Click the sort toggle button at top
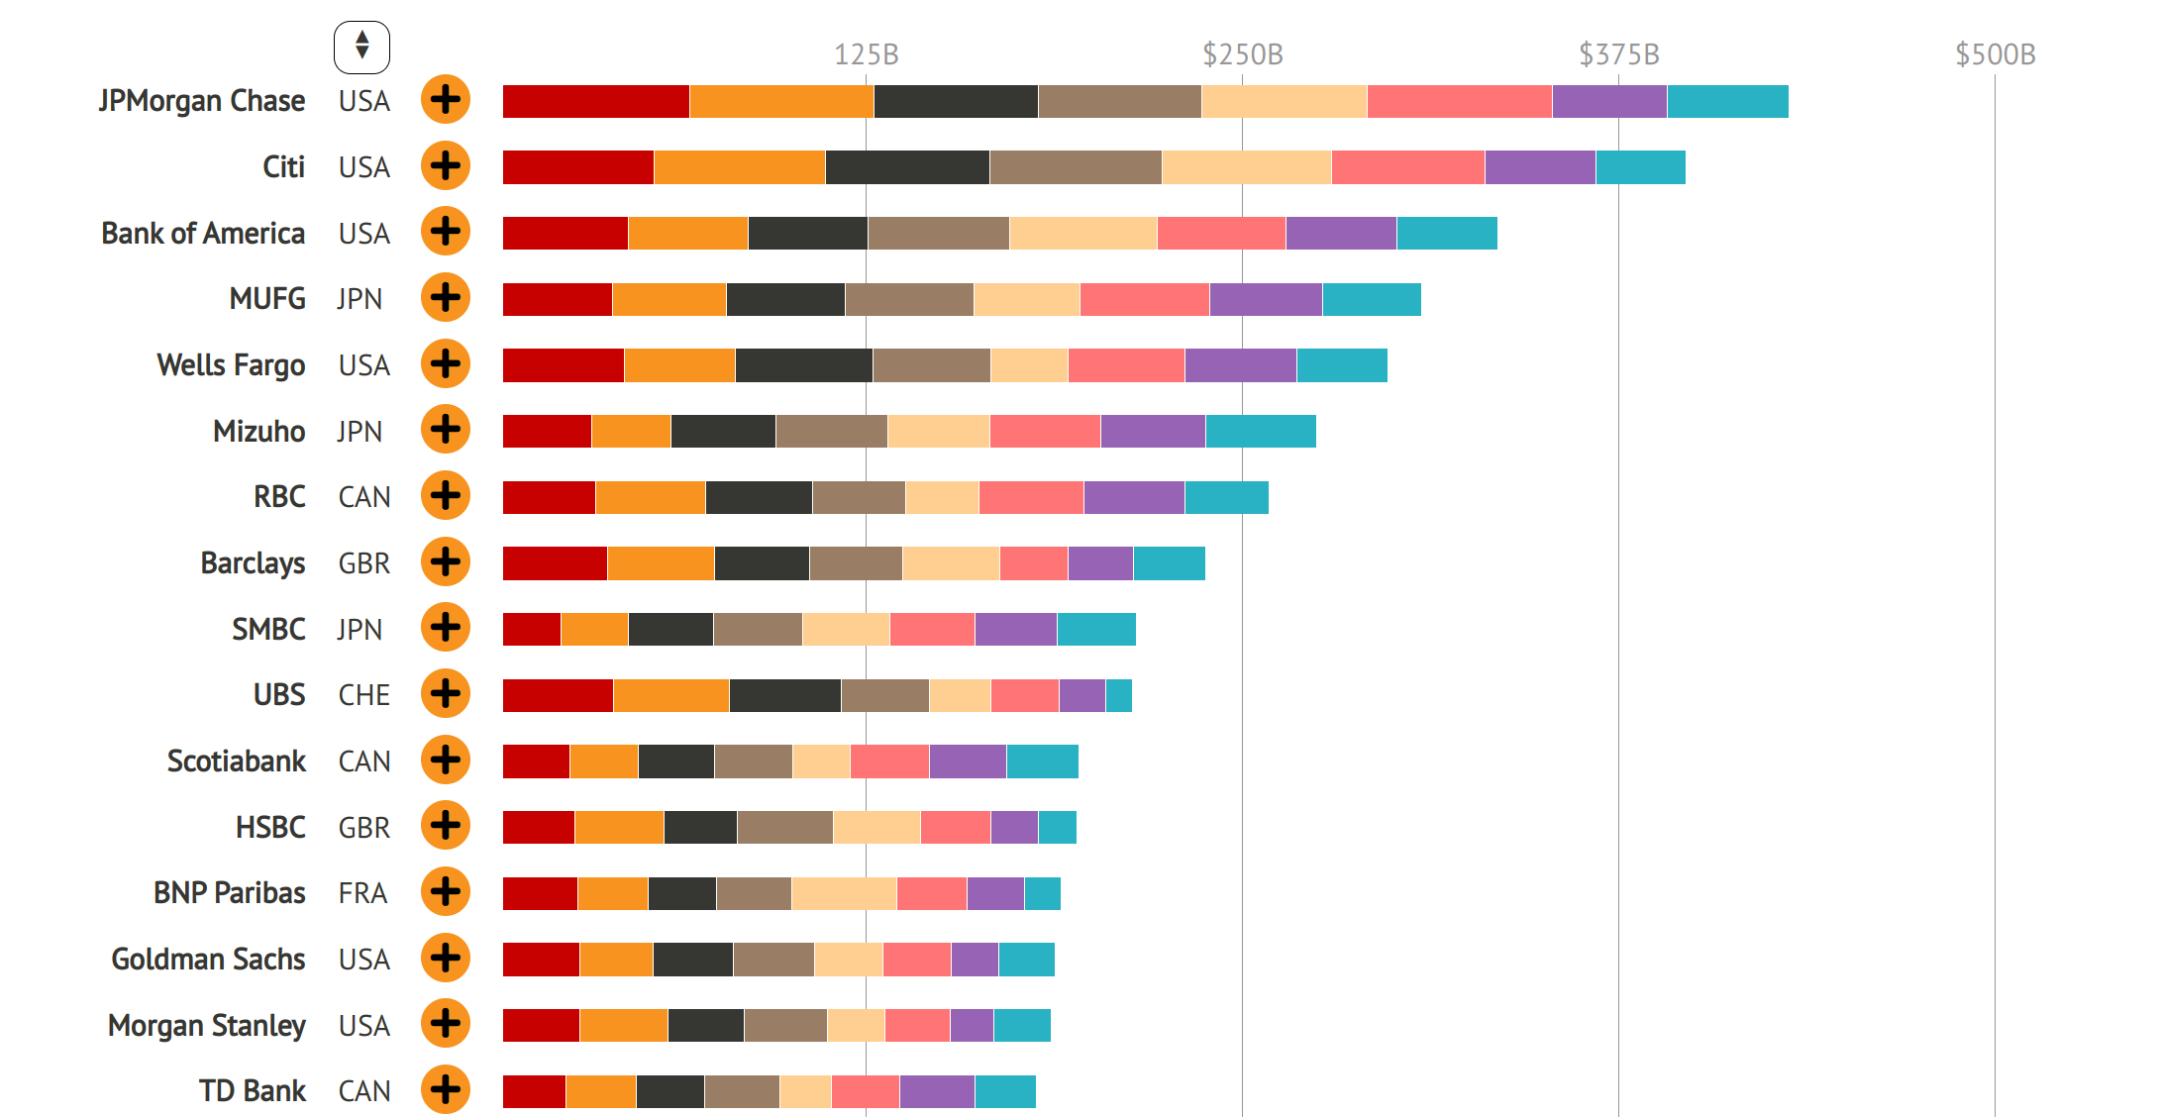click(x=361, y=47)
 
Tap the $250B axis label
click(x=1242, y=54)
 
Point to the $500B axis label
click(x=1995, y=54)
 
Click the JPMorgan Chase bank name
click(x=202, y=101)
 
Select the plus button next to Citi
click(x=446, y=166)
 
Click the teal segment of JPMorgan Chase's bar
click(x=1727, y=102)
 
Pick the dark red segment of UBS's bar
click(x=558, y=695)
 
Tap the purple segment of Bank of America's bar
click(x=1341, y=234)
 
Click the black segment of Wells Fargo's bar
click(x=803, y=365)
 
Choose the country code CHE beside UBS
click(x=363, y=695)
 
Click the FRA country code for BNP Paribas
click(x=362, y=893)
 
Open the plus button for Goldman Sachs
click(x=446, y=958)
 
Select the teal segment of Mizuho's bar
click(x=1261, y=432)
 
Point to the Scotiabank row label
click(x=237, y=762)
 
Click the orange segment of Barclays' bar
click(x=661, y=563)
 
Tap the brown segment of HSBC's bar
click(x=784, y=827)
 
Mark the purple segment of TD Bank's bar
click(x=937, y=1091)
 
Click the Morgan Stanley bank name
click(x=207, y=1025)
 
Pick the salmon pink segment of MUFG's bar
click(x=1144, y=299)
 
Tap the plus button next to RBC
click(x=446, y=496)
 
